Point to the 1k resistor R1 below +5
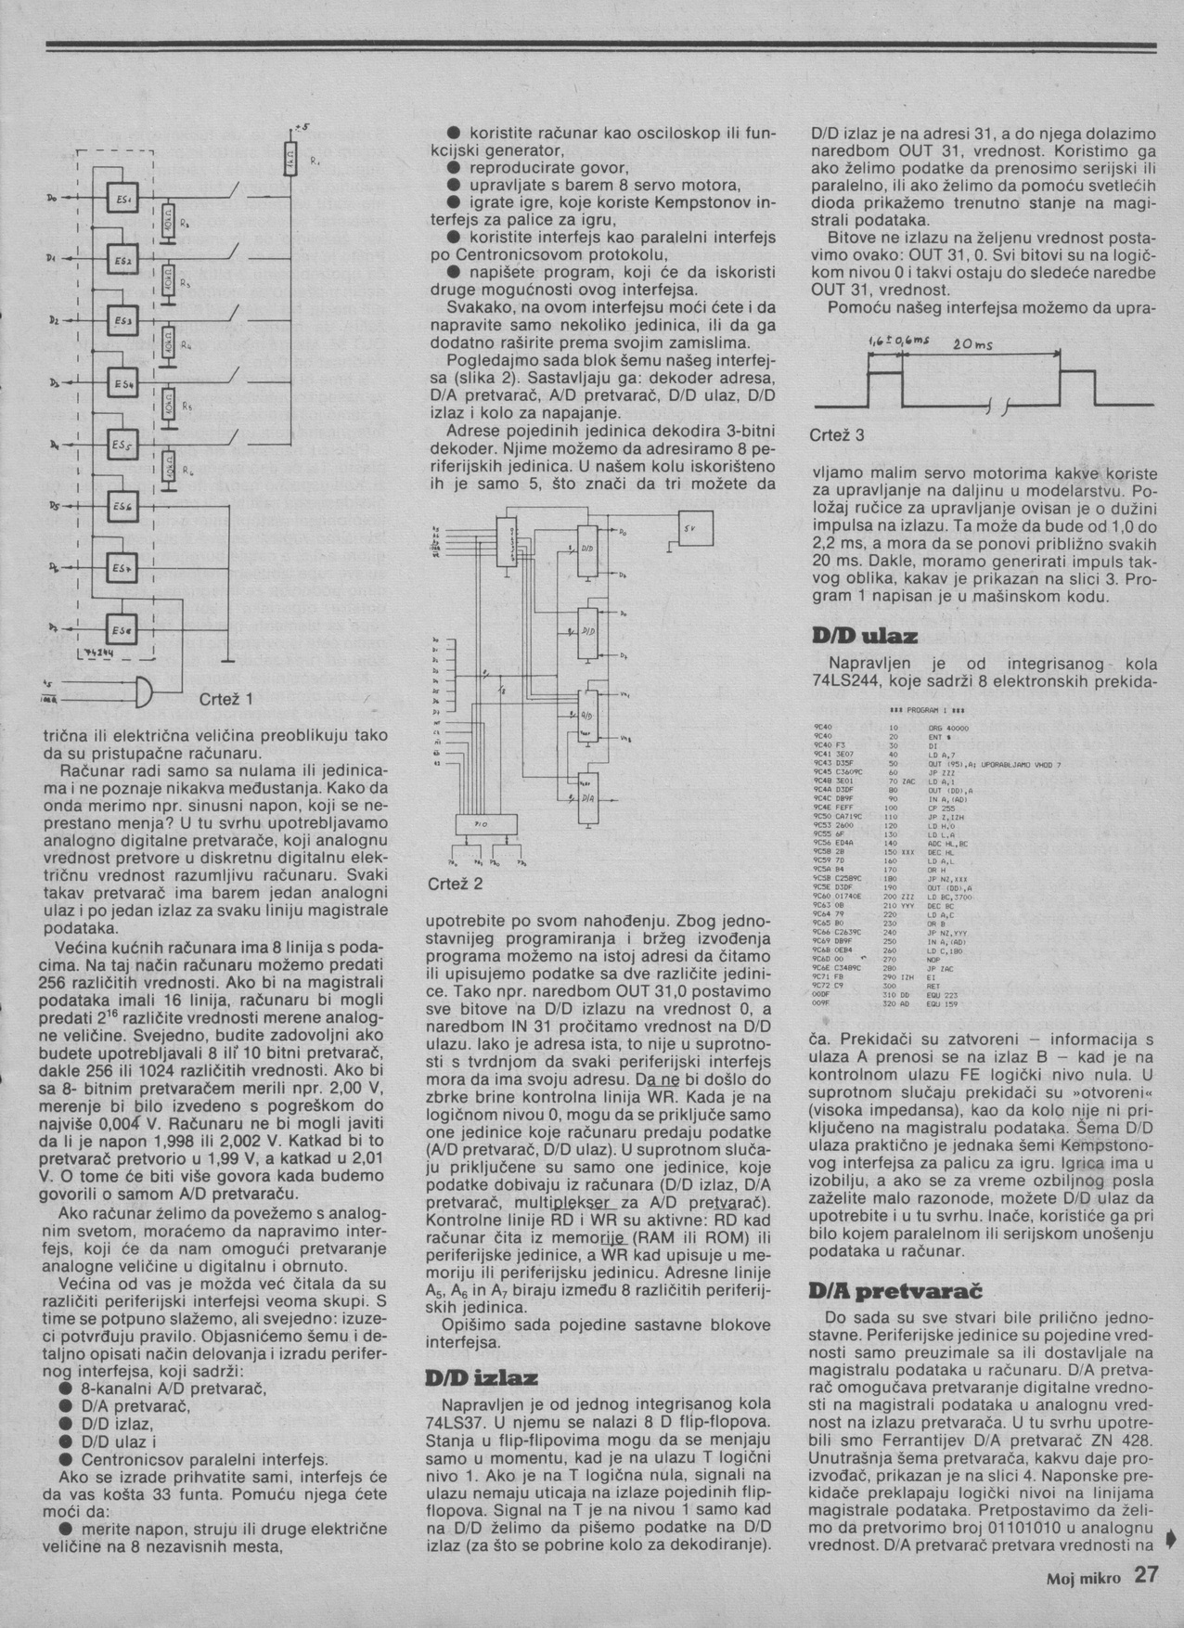click(290, 160)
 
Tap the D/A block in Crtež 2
click(588, 798)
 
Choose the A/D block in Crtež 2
click(588, 716)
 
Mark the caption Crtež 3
click(837, 435)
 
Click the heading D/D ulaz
click(864, 637)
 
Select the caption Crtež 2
click(455, 885)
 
